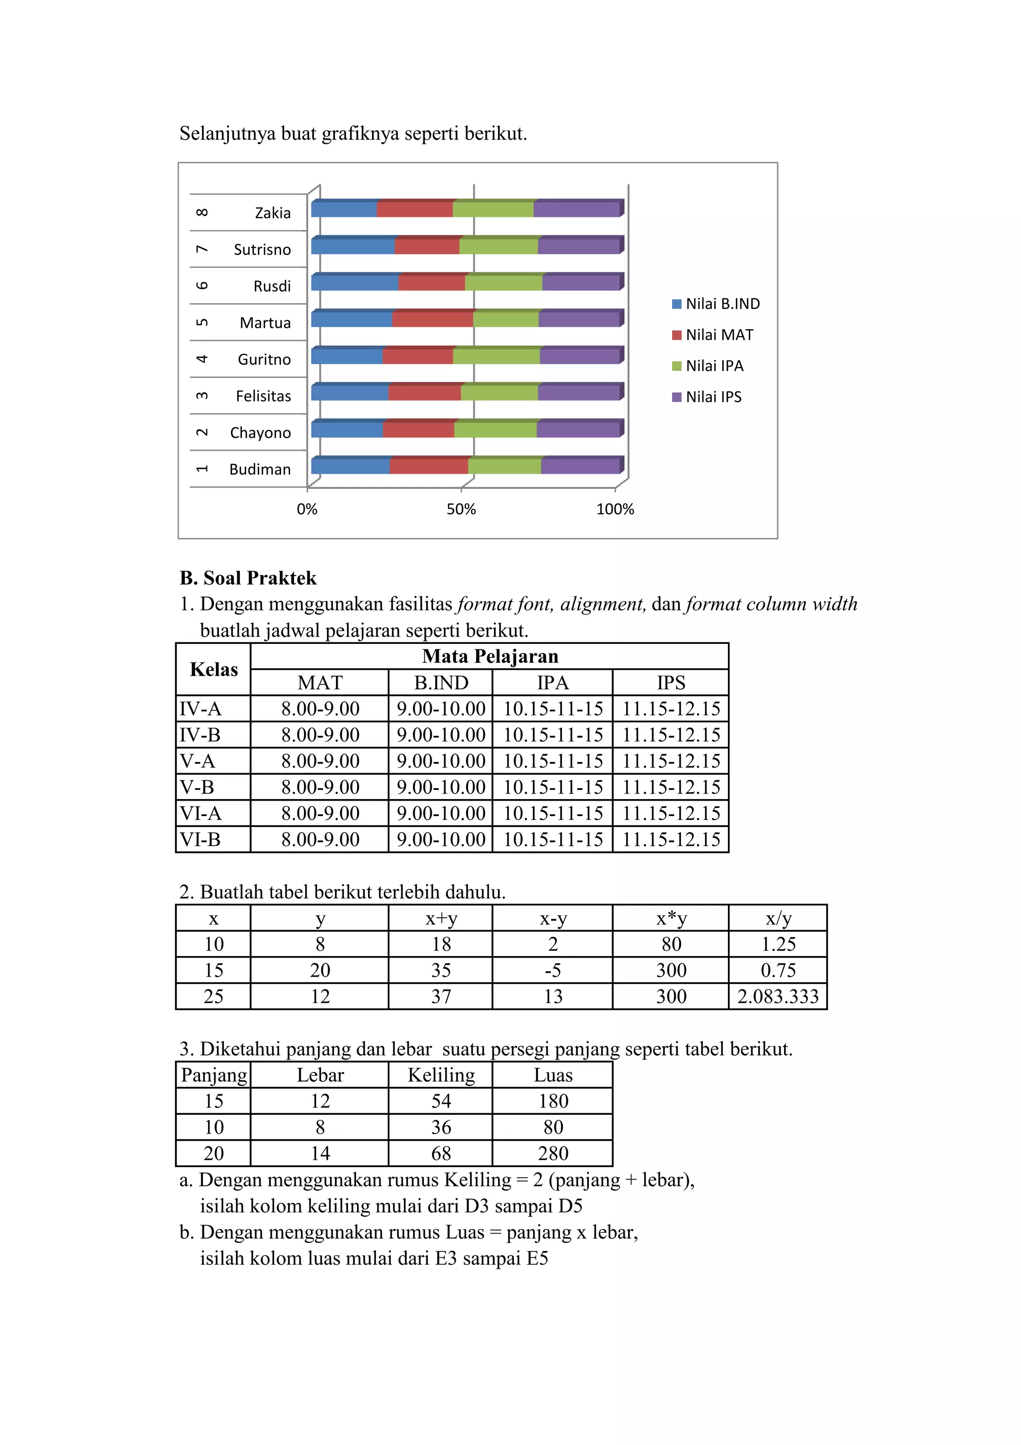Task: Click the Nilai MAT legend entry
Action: tap(718, 335)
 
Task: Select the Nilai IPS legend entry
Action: tap(713, 397)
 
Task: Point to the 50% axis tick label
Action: tap(461, 509)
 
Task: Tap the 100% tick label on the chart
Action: tap(615, 509)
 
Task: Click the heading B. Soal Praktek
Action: tap(248, 578)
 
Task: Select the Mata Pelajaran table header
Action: tap(490, 656)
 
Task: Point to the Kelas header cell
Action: tap(213, 669)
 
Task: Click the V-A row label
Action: tap(197, 761)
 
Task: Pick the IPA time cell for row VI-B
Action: tap(552, 839)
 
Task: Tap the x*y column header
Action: tap(671, 918)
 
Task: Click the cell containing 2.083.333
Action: tap(778, 996)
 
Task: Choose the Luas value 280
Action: tap(552, 1153)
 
